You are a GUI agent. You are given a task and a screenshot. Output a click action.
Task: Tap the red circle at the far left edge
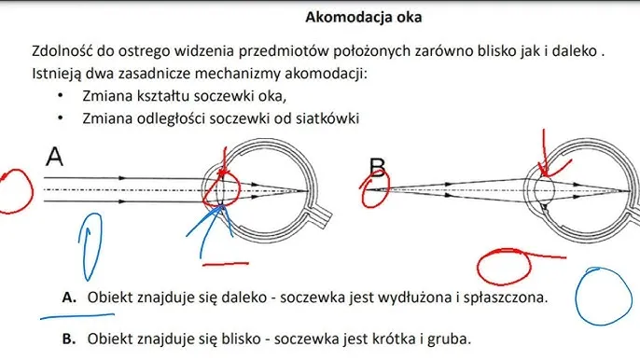[14, 189]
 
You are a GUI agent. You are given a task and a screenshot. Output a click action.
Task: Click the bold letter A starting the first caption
[68, 298]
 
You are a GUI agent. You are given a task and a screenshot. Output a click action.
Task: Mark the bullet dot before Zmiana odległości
[60, 118]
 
